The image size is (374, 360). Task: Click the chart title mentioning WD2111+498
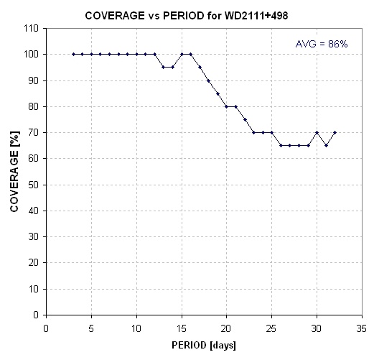[187, 16]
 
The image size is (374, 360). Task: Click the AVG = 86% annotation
[322, 44]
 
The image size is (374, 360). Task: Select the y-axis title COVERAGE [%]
[14, 171]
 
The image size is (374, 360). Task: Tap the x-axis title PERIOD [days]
[204, 346]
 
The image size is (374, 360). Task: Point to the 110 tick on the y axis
[31, 28]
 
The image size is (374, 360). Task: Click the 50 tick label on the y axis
[33, 185]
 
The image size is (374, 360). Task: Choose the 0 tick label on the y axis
[36, 315]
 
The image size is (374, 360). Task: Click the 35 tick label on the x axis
[361, 328]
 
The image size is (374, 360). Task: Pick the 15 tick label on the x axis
[182, 328]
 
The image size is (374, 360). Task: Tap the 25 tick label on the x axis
[271, 328]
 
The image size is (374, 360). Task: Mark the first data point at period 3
[73, 54]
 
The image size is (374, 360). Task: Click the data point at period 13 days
[164, 68]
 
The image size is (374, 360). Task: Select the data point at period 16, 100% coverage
[190, 54]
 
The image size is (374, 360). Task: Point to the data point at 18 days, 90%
[208, 80]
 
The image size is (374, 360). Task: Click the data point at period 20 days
[226, 106]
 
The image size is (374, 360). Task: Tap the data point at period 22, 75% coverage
[245, 119]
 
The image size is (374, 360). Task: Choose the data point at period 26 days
[281, 145]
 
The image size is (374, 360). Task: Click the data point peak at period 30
[317, 132]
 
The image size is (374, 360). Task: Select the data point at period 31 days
[326, 145]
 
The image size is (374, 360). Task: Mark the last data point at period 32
[335, 132]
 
